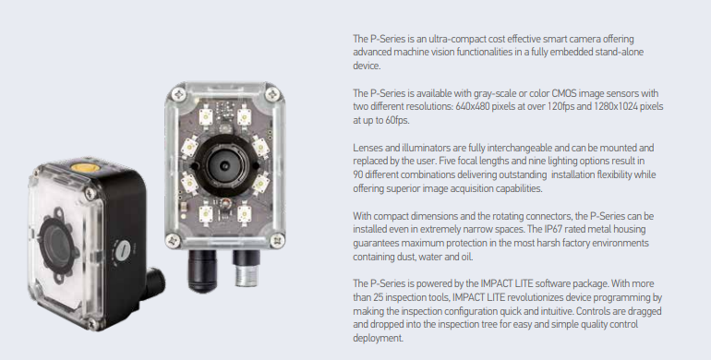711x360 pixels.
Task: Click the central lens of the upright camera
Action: point(225,165)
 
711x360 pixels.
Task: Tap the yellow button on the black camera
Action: point(82,167)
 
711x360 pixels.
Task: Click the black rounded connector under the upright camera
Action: point(202,270)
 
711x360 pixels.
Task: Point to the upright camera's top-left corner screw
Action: point(177,95)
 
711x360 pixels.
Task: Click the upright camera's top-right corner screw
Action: point(272,94)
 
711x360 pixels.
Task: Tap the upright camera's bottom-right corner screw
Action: point(276,239)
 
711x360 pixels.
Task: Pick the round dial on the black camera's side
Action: point(123,249)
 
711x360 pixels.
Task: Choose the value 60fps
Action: point(396,121)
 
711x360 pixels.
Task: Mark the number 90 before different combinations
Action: point(357,175)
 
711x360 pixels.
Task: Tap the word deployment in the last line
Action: point(378,339)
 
